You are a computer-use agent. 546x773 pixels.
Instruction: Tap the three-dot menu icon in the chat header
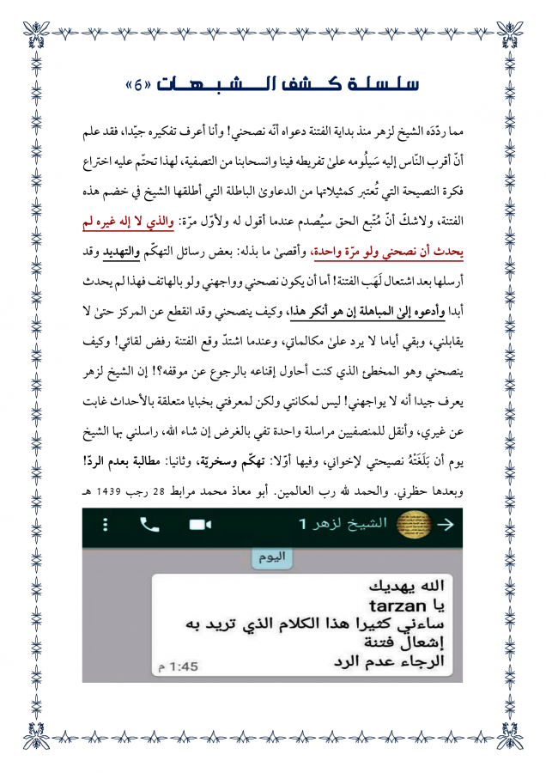[x=105, y=523]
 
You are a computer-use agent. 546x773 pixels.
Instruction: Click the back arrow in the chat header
[x=446, y=523]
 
